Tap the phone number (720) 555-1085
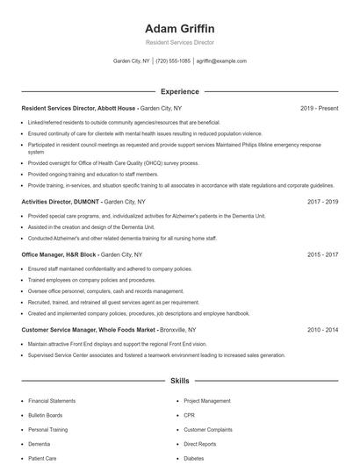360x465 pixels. coord(174,61)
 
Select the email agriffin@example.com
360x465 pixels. coord(221,61)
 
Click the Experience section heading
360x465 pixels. coord(179,91)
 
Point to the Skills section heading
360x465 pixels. coord(179,382)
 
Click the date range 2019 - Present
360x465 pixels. coord(319,108)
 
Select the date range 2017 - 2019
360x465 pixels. coord(322,201)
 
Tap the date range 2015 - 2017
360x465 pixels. coord(322,254)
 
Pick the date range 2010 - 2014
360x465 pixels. coord(322,330)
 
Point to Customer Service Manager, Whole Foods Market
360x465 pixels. coord(87,330)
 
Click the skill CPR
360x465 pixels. coord(190,415)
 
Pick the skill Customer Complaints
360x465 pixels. coord(209,430)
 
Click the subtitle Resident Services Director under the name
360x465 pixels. coord(179,42)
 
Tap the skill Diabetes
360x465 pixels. coord(195,458)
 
